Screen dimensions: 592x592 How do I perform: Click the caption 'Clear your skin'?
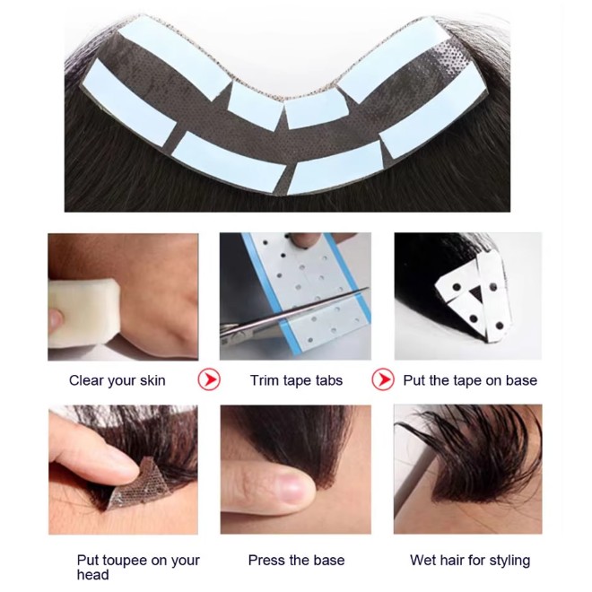117,380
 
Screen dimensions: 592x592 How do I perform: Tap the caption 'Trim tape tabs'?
296,380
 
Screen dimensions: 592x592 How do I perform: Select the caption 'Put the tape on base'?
470,380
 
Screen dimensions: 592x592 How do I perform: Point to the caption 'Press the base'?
296,561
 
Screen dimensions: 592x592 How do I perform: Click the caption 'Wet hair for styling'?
470,561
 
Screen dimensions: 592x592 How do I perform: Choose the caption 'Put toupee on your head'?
138,568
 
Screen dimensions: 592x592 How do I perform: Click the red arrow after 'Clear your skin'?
209,379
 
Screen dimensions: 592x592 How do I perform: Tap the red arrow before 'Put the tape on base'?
383,379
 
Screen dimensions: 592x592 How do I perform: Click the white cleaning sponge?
83,313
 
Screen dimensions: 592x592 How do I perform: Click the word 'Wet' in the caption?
422,561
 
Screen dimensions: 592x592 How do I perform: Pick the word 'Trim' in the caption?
264,380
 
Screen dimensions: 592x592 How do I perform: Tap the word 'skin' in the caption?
152,380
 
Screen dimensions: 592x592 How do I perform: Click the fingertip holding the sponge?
55,318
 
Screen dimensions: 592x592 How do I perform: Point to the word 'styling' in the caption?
509,562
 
